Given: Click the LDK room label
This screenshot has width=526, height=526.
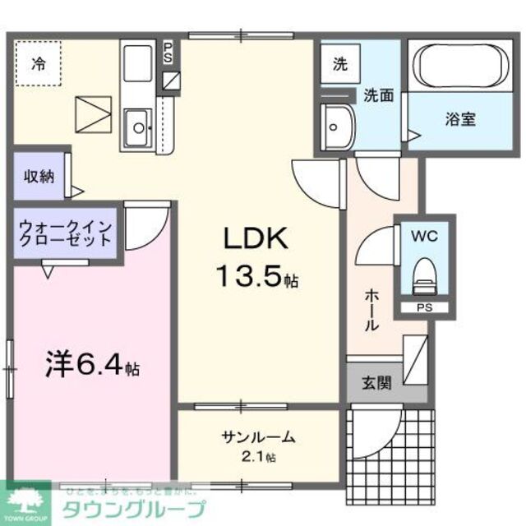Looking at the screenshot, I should (254, 239).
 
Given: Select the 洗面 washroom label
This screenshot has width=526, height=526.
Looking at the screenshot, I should (379, 95).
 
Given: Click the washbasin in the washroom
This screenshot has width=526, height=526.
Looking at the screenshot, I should (336, 127).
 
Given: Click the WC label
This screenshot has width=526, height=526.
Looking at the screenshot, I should (425, 237).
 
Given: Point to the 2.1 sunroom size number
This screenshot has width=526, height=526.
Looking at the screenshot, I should (258, 456).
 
